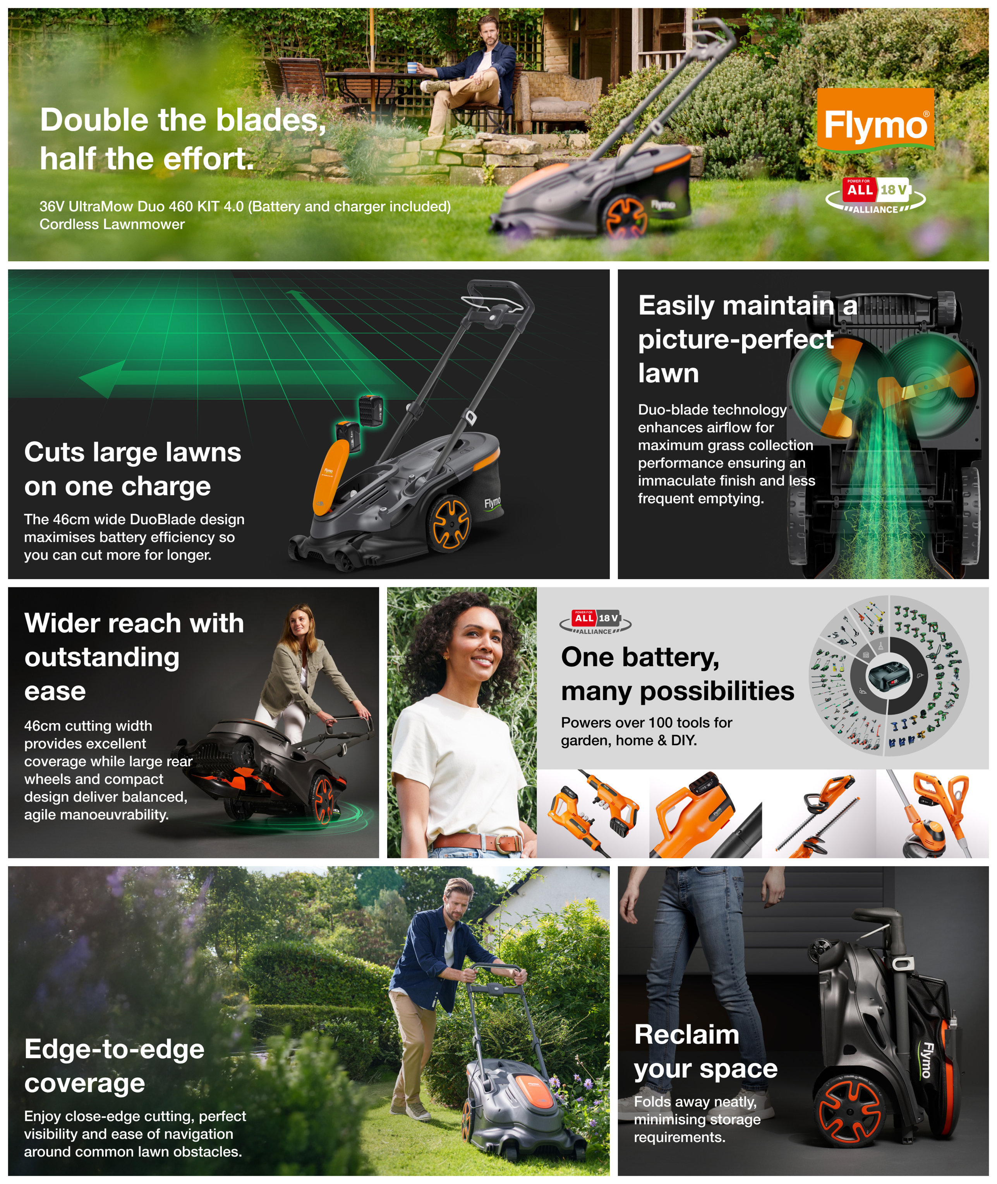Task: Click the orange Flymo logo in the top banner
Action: click(875, 119)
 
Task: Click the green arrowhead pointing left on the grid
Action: click(102, 378)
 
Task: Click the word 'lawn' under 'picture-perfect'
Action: click(669, 373)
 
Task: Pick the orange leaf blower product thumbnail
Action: click(705, 814)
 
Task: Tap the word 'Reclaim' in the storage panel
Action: click(687, 1035)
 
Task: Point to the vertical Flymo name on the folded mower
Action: click(926, 1060)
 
